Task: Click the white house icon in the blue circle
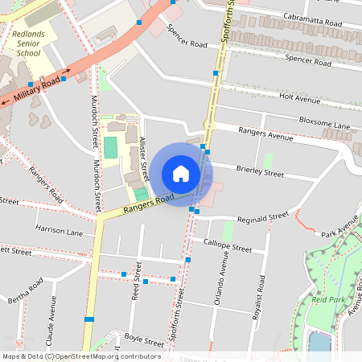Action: click(181, 174)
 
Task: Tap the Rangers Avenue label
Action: click(265, 134)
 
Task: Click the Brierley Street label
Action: click(260, 172)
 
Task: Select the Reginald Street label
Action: click(262, 217)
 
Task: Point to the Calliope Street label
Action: click(228, 245)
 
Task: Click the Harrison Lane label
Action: click(59, 231)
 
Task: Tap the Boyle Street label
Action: click(144, 340)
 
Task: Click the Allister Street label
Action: click(144, 157)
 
